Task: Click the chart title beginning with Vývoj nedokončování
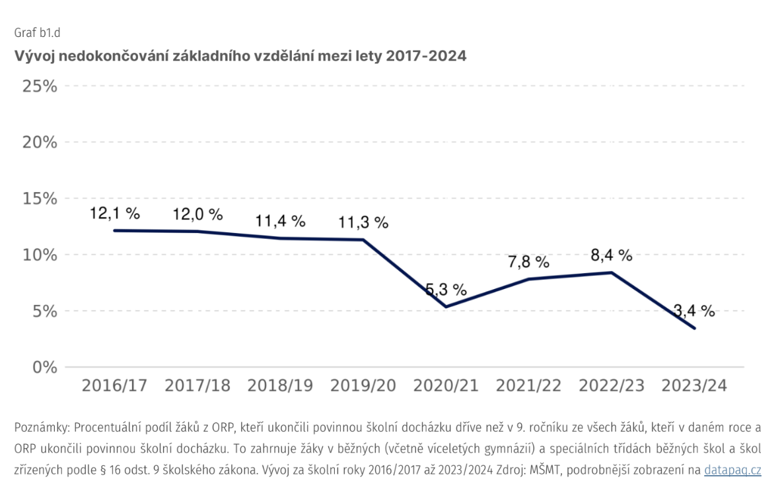(240, 56)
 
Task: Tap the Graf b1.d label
(38, 32)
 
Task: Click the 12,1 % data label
(115, 214)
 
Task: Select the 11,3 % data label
(363, 222)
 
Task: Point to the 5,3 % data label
(446, 290)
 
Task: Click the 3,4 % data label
(694, 311)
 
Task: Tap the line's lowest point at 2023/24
(694, 328)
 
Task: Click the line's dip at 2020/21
(446, 307)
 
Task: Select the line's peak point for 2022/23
(612, 273)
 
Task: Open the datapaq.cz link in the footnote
(732, 471)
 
